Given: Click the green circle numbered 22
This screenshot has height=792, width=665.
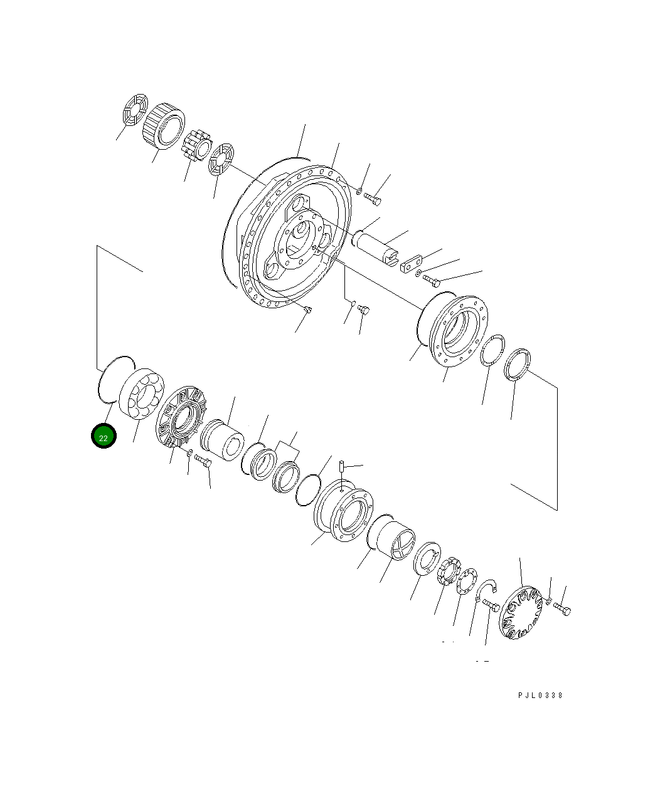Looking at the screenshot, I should point(104,437).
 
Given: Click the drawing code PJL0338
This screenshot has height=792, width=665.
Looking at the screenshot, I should point(540,696).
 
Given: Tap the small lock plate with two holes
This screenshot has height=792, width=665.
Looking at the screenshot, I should point(413,263).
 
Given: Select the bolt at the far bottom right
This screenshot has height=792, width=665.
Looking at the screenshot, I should point(563,609).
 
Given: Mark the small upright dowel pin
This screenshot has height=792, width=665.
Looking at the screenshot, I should point(342,467).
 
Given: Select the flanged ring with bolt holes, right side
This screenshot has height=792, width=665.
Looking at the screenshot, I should point(458,330).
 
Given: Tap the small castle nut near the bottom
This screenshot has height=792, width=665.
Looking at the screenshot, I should point(447,571).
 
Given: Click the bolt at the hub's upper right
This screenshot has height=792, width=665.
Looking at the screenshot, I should point(374,200).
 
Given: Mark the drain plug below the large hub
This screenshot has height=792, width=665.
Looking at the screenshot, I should point(307,309).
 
